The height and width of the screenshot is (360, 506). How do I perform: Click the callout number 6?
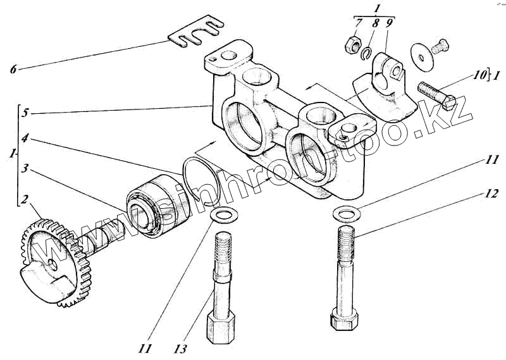[x=13, y=68]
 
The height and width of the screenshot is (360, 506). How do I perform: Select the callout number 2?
[x=23, y=201]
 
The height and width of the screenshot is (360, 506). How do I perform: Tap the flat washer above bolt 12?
[x=346, y=213]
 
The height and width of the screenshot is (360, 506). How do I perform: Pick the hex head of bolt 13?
[x=221, y=325]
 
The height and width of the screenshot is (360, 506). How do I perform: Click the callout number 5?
[x=24, y=114]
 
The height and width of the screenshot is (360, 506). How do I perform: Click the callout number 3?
[x=24, y=169]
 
